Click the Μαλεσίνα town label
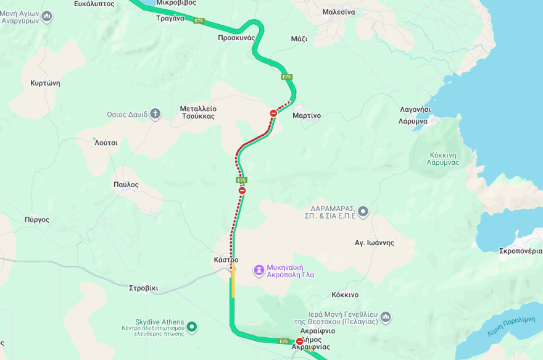(338, 12)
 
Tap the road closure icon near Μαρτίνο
(273, 113)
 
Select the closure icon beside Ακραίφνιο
(300, 341)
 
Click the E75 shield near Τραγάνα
(199, 21)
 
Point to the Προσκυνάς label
(236, 38)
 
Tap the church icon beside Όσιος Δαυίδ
(155, 114)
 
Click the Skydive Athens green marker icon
(192, 326)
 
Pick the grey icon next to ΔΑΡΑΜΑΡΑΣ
(363, 212)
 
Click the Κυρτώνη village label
(45, 83)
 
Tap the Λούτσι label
(106, 143)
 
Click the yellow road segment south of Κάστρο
(233, 287)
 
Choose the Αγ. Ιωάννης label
(374, 243)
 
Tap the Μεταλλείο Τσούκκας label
(198, 112)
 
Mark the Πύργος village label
(36, 220)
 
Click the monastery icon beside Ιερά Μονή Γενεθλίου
(386, 317)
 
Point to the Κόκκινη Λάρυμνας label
(442, 159)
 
